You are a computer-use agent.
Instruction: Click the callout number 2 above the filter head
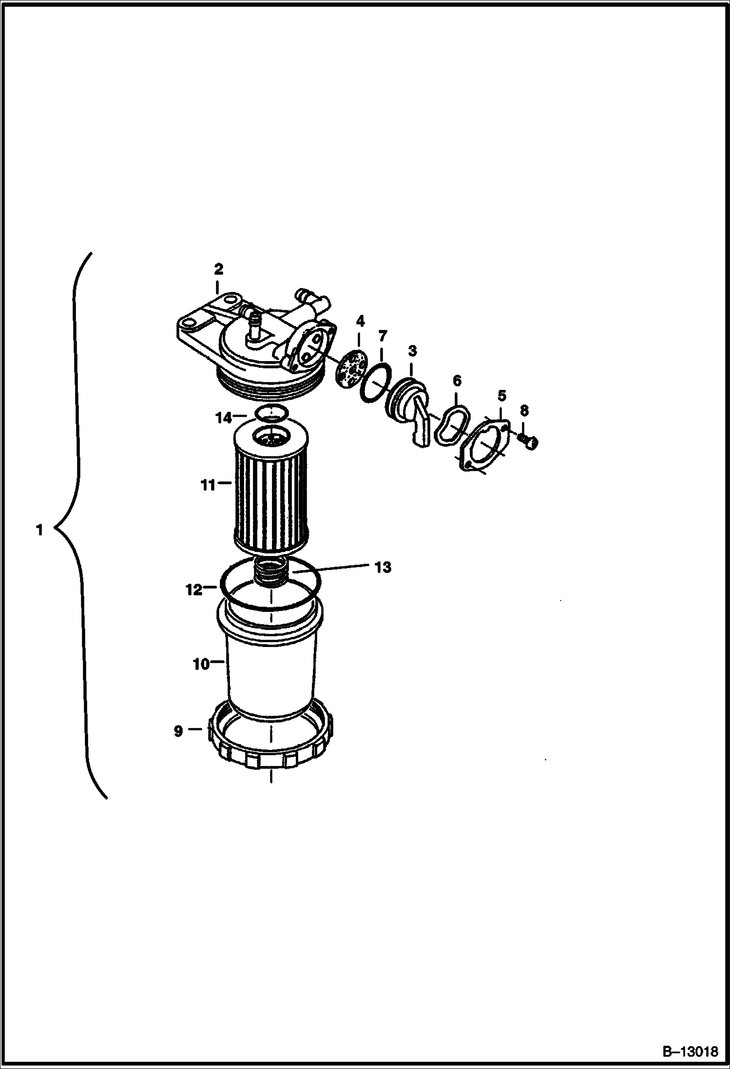click(x=218, y=268)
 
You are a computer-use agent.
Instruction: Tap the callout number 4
click(x=360, y=321)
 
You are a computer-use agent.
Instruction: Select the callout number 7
click(x=383, y=336)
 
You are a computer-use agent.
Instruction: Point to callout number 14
click(x=225, y=418)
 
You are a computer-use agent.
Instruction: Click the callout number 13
click(x=383, y=567)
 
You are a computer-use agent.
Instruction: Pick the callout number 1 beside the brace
click(x=39, y=530)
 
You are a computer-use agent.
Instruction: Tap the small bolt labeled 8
click(x=529, y=441)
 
